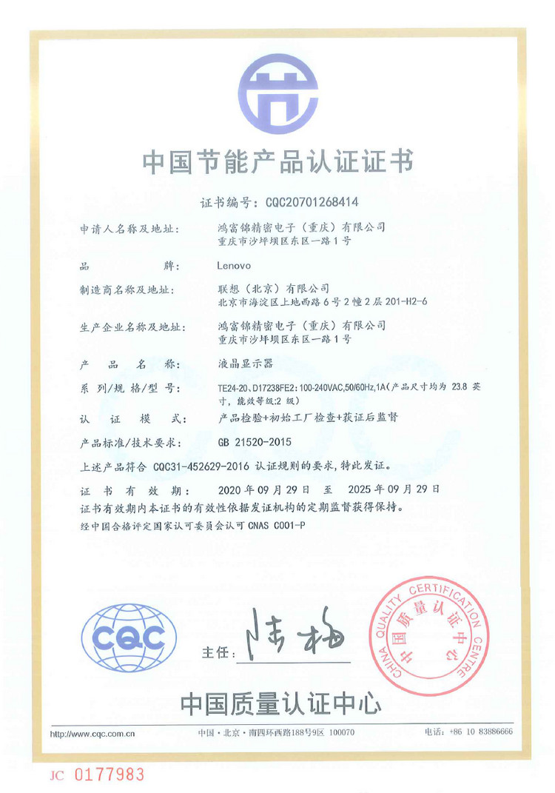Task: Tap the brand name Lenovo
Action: tap(235, 264)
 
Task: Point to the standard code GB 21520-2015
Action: tap(255, 443)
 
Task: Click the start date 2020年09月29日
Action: tap(269, 490)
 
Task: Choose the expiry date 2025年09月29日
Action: tap(388, 490)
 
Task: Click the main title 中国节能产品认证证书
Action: tap(277, 162)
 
